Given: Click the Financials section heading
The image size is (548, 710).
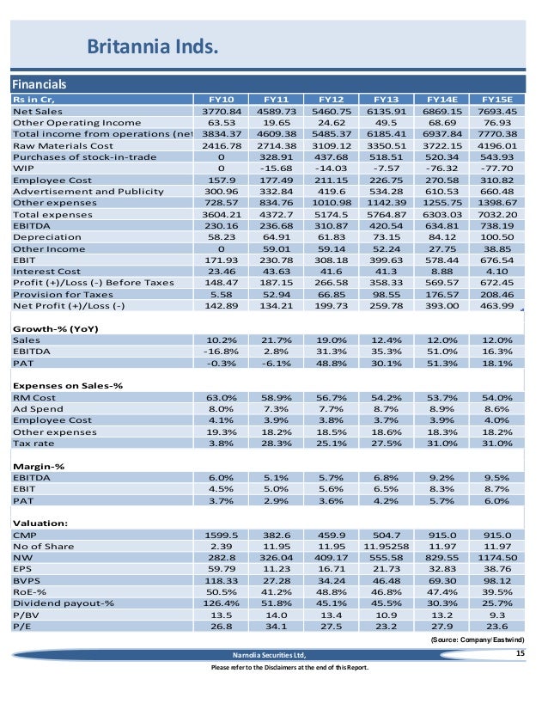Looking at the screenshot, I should (x=40, y=84).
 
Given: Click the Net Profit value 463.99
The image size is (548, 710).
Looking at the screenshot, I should (x=500, y=303).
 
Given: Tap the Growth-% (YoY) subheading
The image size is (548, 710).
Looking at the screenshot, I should (x=53, y=328).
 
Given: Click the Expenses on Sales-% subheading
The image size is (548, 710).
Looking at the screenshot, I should (x=68, y=385).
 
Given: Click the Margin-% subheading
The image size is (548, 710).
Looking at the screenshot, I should (x=39, y=465).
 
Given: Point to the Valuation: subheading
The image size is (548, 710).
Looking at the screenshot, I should (x=40, y=521).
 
